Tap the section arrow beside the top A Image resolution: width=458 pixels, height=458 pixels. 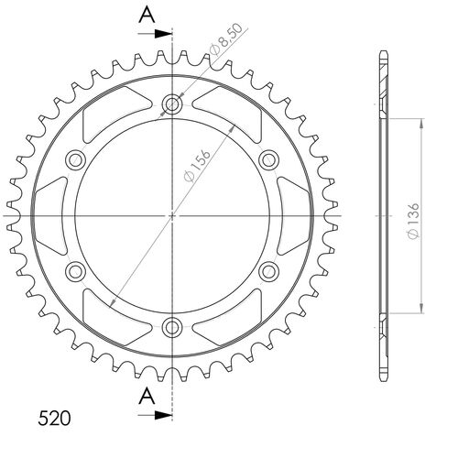click(x=159, y=34)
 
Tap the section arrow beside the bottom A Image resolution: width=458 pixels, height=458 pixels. click(x=159, y=415)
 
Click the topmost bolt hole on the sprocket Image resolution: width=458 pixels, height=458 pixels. click(x=172, y=104)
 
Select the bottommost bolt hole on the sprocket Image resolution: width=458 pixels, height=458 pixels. click(x=172, y=327)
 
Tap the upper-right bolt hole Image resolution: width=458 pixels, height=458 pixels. click(x=268, y=160)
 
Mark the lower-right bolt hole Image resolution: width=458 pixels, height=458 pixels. click(x=268, y=271)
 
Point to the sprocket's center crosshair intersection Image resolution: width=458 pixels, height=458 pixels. click(x=172, y=216)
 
